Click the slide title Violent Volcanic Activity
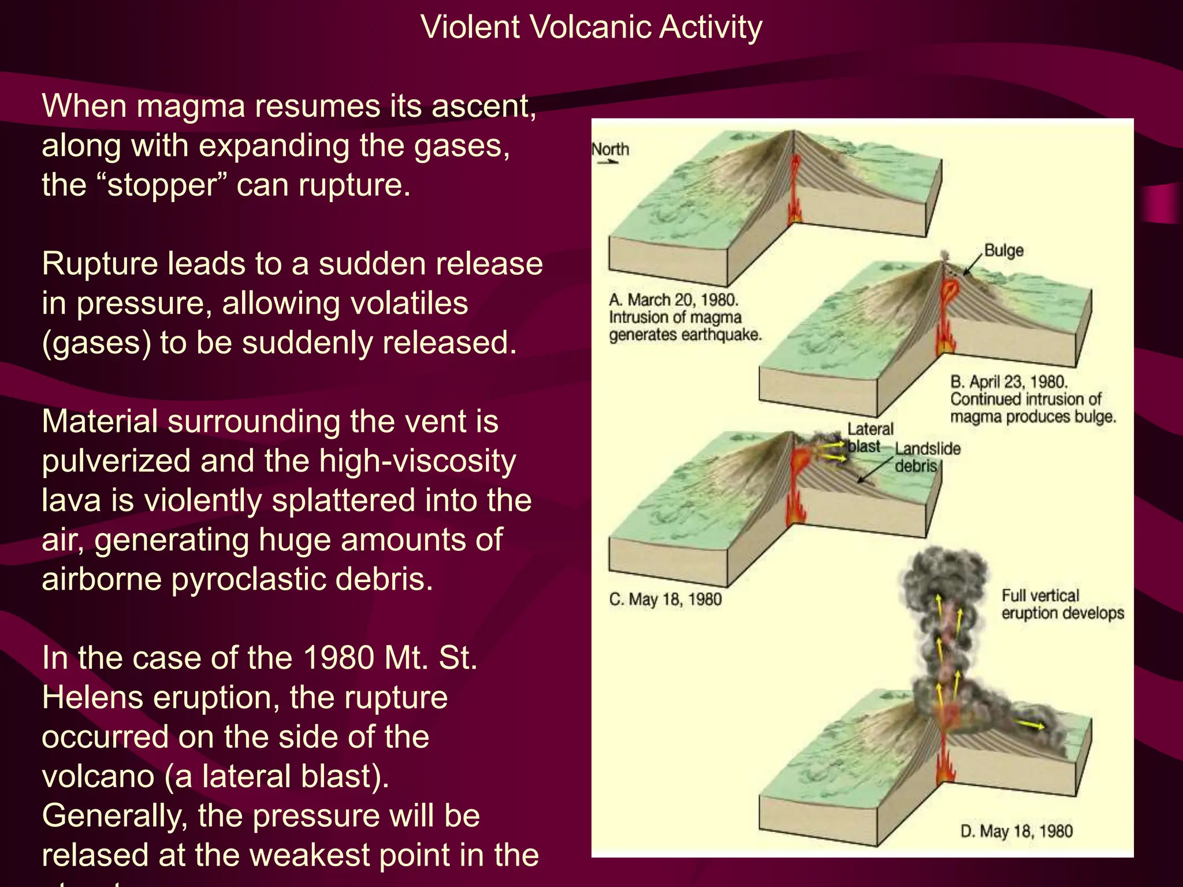pyautogui.click(x=591, y=28)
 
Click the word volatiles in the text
pyautogui.click(x=345, y=303)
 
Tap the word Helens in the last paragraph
pyautogui.click(x=99, y=698)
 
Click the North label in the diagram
pyautogui.click(x=610, y=150)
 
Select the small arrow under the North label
pyautogui.click(x=607, y=163)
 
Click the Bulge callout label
pyautogui.click(x=1003, y=251)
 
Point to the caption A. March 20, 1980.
pyautogui.click(x=674, y=300)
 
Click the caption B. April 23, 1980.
pyautogui.click(x=1009, y=382)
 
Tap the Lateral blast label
pyautogui.click(x=869, y=437)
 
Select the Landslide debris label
pyautogui.click(x=927, y=457)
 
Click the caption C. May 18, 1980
pyautogui.click(x=665, y=599)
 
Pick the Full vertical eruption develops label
pyautogui.click(x=1062, y=604)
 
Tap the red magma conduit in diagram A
pyautogui.click(x=795, y=185)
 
